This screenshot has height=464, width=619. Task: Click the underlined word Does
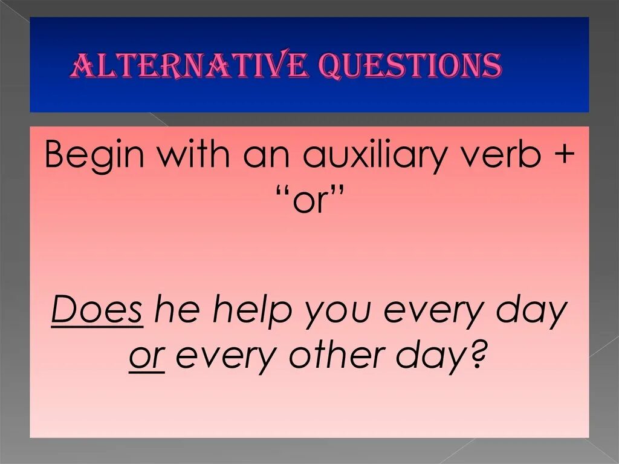point(97,311)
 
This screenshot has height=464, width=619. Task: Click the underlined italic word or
point(147,357)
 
